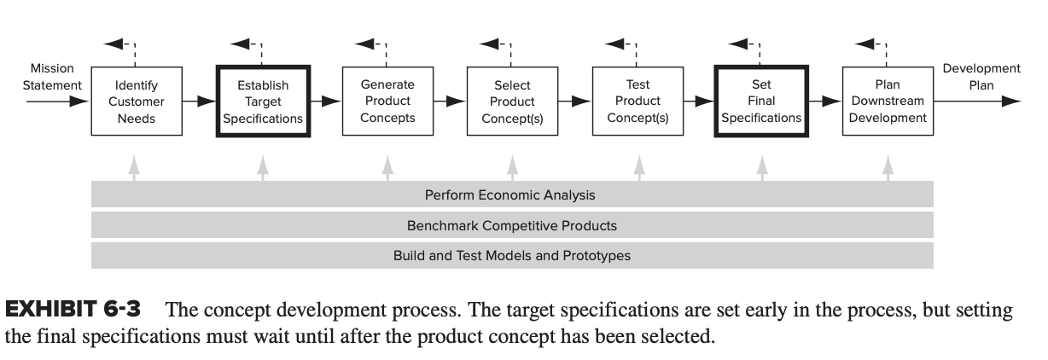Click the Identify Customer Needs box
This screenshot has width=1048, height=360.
(137, 101)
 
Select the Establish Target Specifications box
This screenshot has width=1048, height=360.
(263, 101)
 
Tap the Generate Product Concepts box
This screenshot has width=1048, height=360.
(387, 101)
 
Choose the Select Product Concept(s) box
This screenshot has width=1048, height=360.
(512, 101)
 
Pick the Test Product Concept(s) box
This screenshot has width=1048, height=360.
(638, 101)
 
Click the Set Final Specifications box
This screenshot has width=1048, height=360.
(761, 101)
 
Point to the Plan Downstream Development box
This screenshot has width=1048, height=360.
(888, 101)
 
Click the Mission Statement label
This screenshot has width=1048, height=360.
(52, 77)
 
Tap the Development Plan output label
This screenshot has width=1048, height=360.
(981, 77)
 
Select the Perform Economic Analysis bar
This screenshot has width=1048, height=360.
(512, 194)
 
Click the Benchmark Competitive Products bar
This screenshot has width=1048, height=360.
(512, 225)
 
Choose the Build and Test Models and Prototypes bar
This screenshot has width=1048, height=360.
(512, 255)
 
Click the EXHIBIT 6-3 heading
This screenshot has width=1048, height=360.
(73, 310)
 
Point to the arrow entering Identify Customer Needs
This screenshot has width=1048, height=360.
(57, 101)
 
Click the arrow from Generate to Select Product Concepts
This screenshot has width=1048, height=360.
(450, 101)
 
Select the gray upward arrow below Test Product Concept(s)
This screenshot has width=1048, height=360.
(639, 168)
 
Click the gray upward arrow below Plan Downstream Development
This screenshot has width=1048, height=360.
(888, 168)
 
